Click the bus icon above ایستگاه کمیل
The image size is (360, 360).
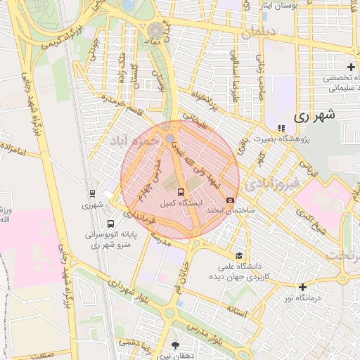181,192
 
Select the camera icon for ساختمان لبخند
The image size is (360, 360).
230,201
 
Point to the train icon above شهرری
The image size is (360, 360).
92,194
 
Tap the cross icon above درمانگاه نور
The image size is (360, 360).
303,287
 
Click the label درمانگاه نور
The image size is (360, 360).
303,297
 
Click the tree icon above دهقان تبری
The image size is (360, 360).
175,345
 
